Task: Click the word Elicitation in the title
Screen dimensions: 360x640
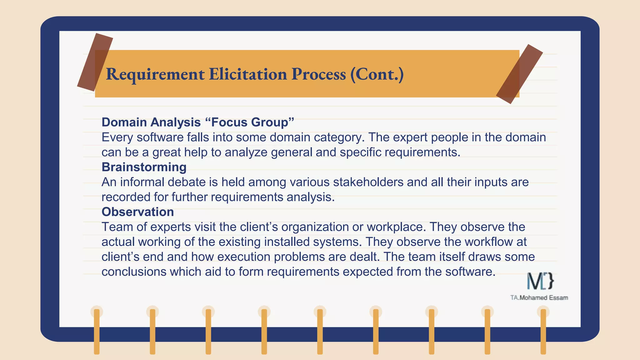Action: click(x=247, y=74)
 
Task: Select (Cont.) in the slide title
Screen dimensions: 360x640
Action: click(x=377, y=74)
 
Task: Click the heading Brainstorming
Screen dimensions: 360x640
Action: click(x=144, y=167)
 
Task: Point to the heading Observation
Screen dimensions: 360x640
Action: click(x=137, y=212)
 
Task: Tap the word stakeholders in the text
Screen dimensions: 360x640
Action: click(x=368, y=182)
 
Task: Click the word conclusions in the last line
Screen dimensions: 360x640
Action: click(x=134, y=272)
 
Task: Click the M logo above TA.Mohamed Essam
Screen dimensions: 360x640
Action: click(x=540, y=281)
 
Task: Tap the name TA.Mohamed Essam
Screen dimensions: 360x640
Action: click(x=539, y=298)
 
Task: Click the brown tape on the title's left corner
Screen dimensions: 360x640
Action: click(x=95, y=62)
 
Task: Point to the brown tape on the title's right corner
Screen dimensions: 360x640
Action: click(x=519, y=74)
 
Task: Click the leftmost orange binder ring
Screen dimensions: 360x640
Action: click(x=97, y=331)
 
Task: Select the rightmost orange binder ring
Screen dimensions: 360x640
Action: click(x=543, y=331)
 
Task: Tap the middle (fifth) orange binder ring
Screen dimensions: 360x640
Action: click(x=320, y=331)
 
